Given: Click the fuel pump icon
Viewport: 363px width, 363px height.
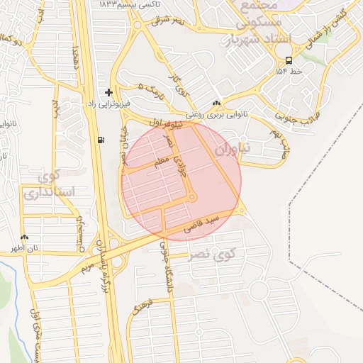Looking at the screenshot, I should tap(101, 140).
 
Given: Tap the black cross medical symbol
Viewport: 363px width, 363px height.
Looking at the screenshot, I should tap(108, 92).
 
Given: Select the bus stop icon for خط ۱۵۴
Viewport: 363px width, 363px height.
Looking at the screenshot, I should tap(289, 61).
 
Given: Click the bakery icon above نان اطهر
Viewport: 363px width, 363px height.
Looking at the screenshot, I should tap(25, 238).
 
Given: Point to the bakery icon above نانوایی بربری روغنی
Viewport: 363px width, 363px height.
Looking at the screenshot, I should tap(216, 102).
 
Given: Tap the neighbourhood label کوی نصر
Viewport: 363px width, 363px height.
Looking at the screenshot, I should tap(212, 253).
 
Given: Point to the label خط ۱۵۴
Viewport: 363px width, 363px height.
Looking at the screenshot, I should tap(289, 72).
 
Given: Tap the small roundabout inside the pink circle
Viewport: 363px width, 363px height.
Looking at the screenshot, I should tap(192, 198).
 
